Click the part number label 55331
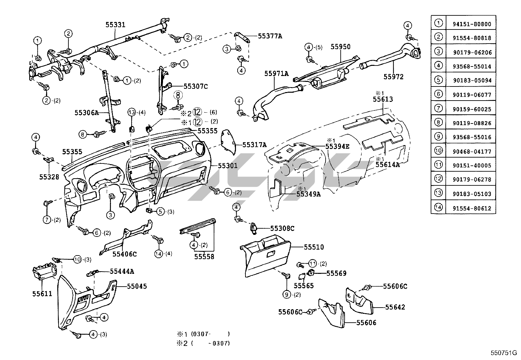click(x=116, y=25)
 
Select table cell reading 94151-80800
click(x=472, y=24)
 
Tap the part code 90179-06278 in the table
click(x=472, y=179)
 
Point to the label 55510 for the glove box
click(x=314, y=247)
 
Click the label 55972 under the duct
click(x=393, y=77)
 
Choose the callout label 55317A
click(x=255, y=144)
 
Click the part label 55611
click(x=42, y=294)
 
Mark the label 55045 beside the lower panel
click(x=137, y=286)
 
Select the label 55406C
click(x=125, y=254)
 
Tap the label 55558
click(x=204, y=256)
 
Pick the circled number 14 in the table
click(x=439, y=207)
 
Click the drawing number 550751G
click(x=504, y=353)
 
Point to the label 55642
click(x=395, y=307)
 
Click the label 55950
click(x=340, y=47)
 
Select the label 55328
click(x=49, y=177)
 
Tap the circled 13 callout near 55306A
click(x=132, y=112)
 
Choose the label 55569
click(x=336, y=273)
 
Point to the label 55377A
click(x=270, y=36)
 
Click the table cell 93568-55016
click(x=472, y=137)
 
